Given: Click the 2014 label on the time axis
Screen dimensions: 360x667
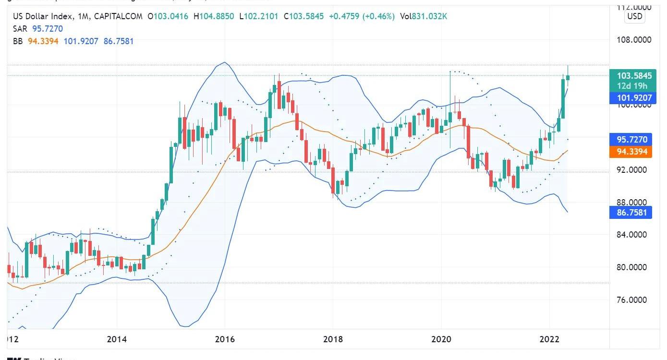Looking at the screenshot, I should tap(117, 339).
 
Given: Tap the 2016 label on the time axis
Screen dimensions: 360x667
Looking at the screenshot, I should tap(225, 339).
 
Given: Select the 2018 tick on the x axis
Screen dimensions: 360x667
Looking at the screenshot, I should tap(333, 339).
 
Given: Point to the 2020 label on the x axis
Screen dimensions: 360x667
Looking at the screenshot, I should tap(441, 339).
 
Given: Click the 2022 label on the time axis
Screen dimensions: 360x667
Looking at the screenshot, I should tap(549, 339).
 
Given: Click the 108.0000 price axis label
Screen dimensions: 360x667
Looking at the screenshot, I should tap(634, 39).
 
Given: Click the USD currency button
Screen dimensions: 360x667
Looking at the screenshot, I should tap(634, 16).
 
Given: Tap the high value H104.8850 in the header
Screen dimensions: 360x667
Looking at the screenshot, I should tap(214, 16).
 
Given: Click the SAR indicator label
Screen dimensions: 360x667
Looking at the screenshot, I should tap(20, 29).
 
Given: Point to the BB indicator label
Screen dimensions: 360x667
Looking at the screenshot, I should tap(18, 41).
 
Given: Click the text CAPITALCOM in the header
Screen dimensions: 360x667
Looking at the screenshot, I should tap(118, 16).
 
